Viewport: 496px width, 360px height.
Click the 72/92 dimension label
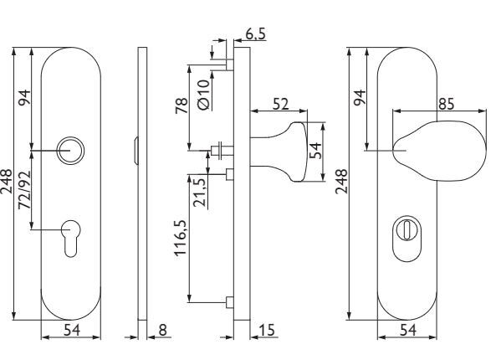24,190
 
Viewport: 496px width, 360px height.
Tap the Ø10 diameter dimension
204,95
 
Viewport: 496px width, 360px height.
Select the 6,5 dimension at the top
255,33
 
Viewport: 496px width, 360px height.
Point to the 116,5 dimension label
181,238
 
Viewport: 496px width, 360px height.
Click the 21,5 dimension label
200,193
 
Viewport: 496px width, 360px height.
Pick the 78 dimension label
182,105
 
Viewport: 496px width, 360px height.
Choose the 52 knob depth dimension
280,104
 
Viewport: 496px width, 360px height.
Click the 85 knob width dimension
446,104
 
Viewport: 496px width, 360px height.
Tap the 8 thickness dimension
162,330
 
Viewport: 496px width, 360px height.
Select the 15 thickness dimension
267,330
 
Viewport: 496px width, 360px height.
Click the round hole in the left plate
70,151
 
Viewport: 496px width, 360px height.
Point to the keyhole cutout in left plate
70,238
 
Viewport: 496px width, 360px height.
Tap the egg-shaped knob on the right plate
440,151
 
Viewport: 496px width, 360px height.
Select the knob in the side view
279,152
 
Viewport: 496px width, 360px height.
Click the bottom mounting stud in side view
230,302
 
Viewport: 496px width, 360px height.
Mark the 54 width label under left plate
72,330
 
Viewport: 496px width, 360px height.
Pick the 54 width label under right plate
407,330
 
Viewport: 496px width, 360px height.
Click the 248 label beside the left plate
7,182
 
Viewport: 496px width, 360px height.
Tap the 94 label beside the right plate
359,97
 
